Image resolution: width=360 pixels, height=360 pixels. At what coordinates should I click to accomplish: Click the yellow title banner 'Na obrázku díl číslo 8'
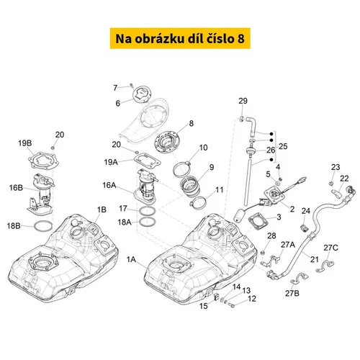pyautogui.click(x=180, y=38)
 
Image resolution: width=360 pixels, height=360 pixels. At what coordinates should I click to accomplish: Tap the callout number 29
pyautogui.click(x=243, y=101)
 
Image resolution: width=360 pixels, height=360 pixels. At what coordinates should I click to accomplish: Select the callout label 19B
pyautogui.click(x=25, y=143)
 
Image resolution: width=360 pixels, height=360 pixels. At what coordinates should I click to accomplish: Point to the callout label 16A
pyautogui.click(x=109, y=185)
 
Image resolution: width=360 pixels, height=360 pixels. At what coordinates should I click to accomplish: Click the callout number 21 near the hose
pyautogui.click(x=315, y=259)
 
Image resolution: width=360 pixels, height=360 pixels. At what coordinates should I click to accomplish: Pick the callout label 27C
pyautogui.click(x=330, y=248)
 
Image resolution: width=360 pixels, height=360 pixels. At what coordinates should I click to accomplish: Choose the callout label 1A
pyautogui.click(x=131, y=259)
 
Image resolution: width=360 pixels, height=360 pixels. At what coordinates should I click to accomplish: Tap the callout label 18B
pyautogui.click(x=14, y=226)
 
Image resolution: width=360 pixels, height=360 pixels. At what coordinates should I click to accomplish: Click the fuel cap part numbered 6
pyautogui.click(x=142, y=96)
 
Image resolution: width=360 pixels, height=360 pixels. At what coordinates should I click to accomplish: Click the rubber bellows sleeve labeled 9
pyautogui.click(x=190, y=189)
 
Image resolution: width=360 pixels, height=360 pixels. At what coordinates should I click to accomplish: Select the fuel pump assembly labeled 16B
pyautogui.click(x=41, y=194)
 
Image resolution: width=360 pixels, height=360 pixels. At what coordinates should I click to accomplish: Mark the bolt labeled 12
pyautogui.click(x=232, y=305)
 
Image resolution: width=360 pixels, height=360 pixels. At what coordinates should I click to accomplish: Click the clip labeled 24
pyautogui.click(x=305, y=228)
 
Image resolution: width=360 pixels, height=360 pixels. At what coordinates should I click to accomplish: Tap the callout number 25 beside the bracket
pyautogui.click(x=283, y=146)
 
